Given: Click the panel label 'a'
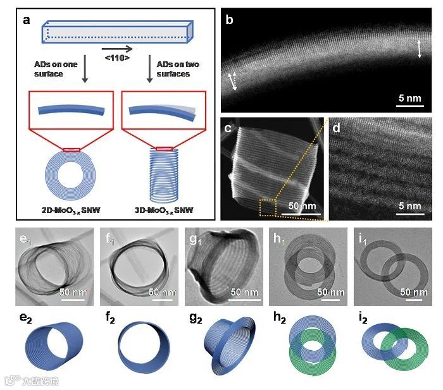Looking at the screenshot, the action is click(27, 20).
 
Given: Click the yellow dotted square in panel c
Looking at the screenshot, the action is click(268, 207).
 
